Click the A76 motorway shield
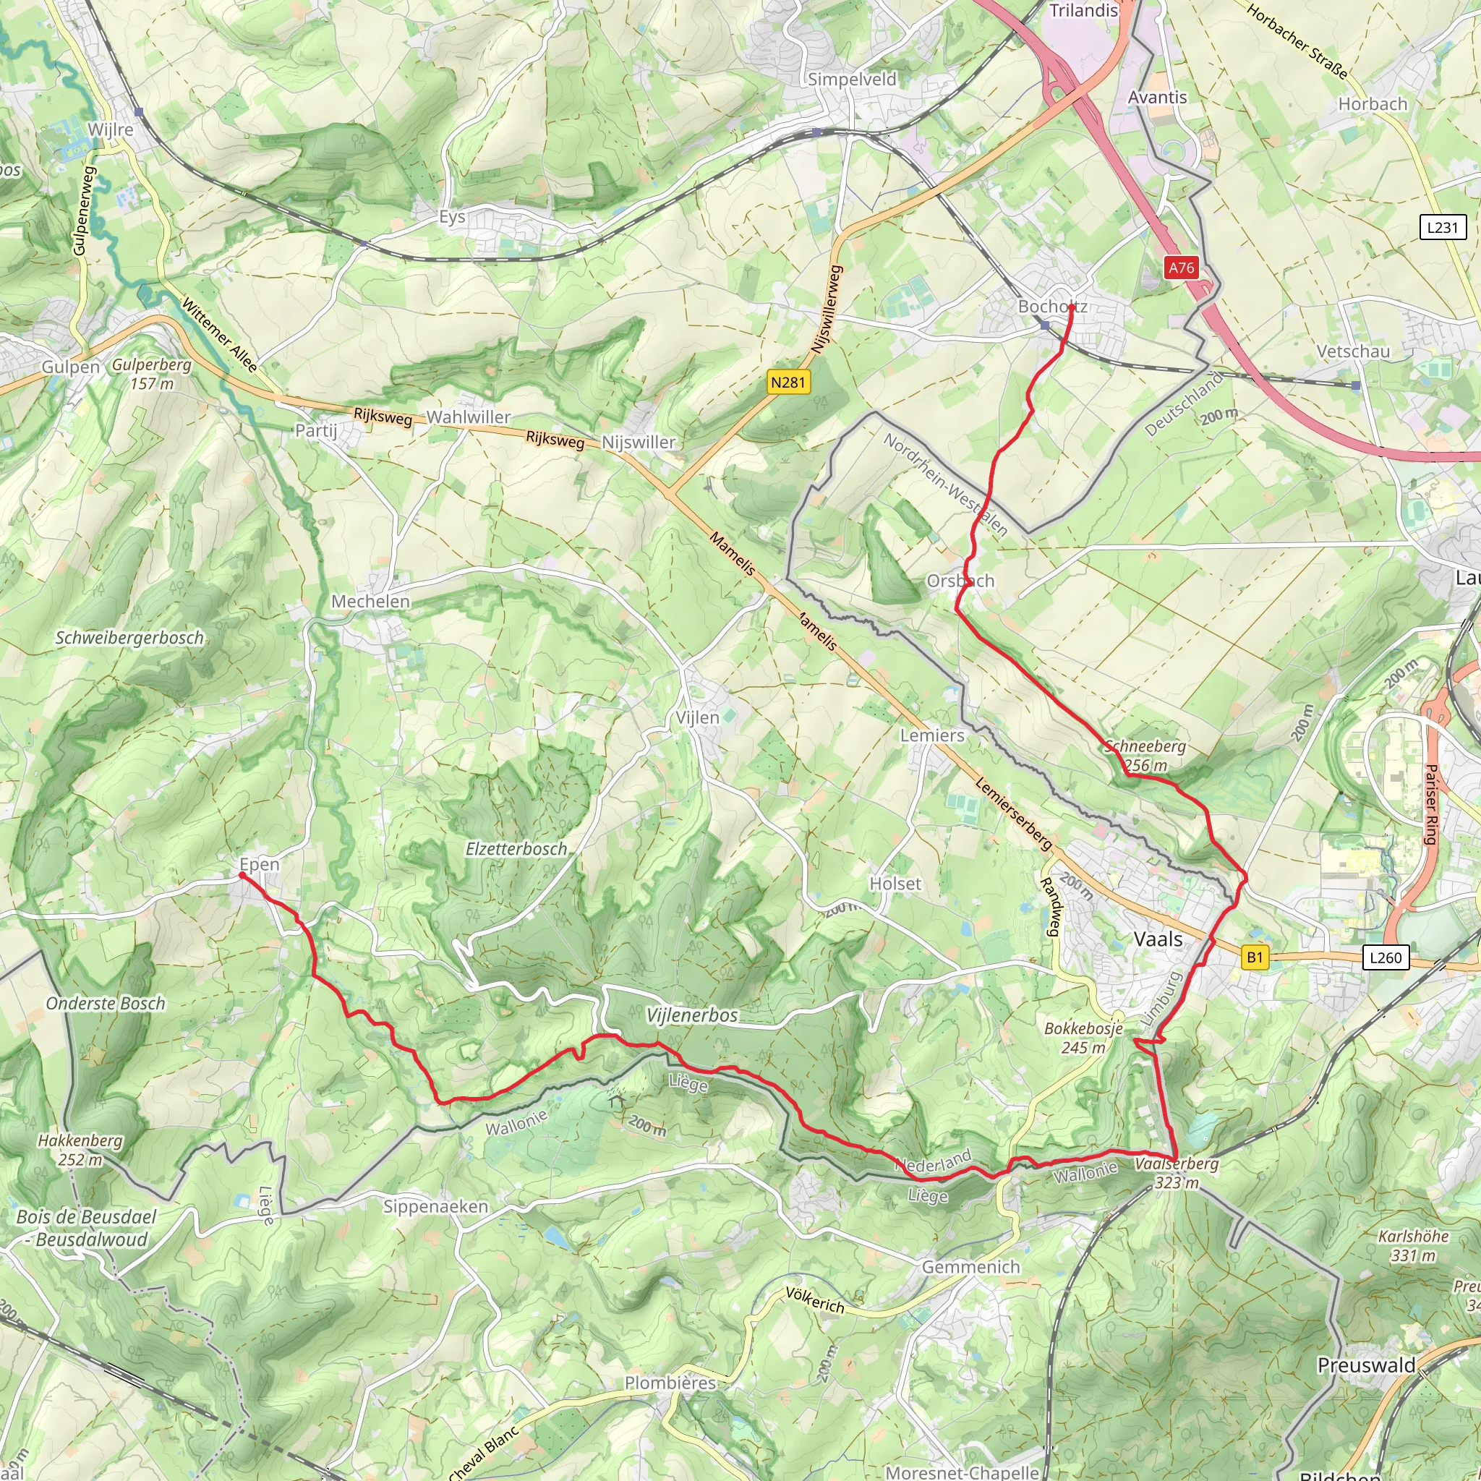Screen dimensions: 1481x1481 pyautogui.click(x=1182, y=268)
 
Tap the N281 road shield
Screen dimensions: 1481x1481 pyautogui.click(x=789, y=382)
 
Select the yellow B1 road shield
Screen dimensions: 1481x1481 pyautogui.click(x=1254, y=957)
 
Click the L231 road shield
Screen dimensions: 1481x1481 pyautogui.click(x=1443, y=227)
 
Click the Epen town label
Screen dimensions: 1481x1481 pyautogui.click(x=259, y=864)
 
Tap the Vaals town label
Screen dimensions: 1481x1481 pyautogui.click(x=1158, y=939)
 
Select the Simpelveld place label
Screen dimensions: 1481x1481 pyautogui.click(x=852, y=79)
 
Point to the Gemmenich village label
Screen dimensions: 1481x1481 pyautogui.click(x=970, y=1267)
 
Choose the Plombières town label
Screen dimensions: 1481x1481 pyautogui.click(x=670, y=1383)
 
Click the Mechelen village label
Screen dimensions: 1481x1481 pyautogui.click(x=370, y=602)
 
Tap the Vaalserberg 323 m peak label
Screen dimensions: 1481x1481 pyautogui.click(x=1177, y=1173)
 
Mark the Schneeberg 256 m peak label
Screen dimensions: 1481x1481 pyautogui.click(x=1145, y=755)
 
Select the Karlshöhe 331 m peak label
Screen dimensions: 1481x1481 pyautogui.click(x=1413, y=1246)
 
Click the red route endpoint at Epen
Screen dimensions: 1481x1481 pyautogui.click(x=242, y=875)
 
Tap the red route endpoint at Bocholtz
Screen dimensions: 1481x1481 pyautogui.click(x=1071, y=307)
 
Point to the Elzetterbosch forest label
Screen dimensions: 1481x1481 pyautogui.click(x=516, y=848)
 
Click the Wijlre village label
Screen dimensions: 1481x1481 pyautogui.click(x=111, y=129)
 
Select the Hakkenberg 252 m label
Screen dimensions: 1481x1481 pyautogui.click(x=80, y=1150)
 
